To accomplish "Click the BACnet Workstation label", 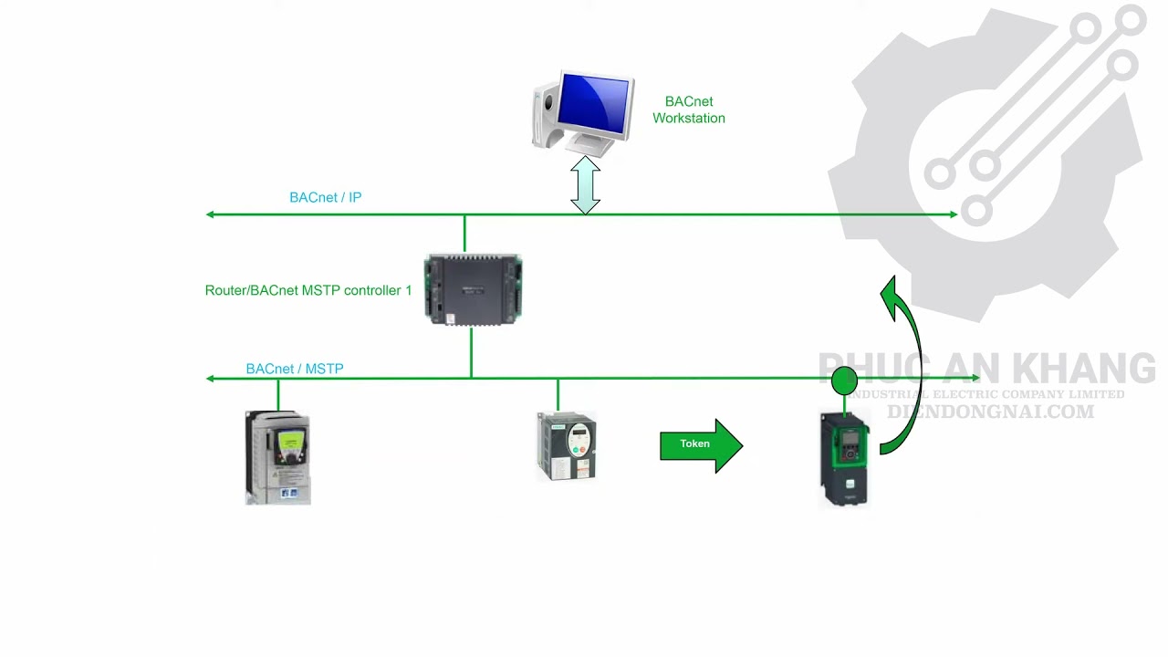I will tap(688, 109).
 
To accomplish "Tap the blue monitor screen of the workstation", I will tap(596, 103).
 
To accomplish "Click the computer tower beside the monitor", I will tap(546, 114).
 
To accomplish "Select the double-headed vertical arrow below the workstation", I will tap(585, 185).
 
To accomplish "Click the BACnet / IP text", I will tap(325, 197).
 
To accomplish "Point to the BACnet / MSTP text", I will tap(294, 369).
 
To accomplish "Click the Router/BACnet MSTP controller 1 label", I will tap(308, 290).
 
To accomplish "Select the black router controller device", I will tap(473, 289).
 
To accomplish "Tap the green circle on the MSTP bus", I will tap(844, 381).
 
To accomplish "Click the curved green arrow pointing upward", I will tap(906, 365).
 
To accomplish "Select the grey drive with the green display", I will tap(278, 457).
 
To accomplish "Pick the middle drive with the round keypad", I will tap(567, 445).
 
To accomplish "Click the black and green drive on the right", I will tap(844, 459).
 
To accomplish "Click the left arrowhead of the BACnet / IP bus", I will tap(211, 214).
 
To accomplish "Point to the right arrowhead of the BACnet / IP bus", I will tap(953, 214).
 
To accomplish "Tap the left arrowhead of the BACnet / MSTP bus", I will tap(211, 378).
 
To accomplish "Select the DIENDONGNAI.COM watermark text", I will tap(990, 412).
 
